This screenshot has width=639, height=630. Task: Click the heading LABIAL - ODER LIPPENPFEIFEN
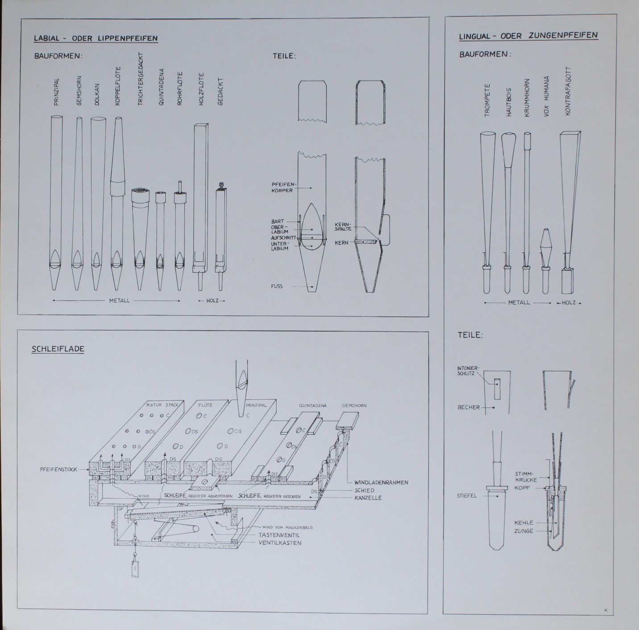[x=95, y=38]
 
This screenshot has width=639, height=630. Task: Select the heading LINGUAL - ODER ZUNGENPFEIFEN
[x=528, y=35]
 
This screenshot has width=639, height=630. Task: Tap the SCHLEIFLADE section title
[x=58, y=349]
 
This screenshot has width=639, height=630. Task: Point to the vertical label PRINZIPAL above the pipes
[x=57, y=93]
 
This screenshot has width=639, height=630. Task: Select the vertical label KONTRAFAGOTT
[x=568, y=92]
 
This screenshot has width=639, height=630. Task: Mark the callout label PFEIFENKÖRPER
[x=282, y=187]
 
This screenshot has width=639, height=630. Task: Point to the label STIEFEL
[x=467, y=495]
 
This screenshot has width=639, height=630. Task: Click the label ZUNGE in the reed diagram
[x=523, y=531]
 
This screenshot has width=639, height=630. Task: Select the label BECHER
[x=469, y=407]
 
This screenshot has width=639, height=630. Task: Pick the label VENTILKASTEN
[x=280, y=543]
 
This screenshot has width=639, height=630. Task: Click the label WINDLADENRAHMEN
[x=381, y=482]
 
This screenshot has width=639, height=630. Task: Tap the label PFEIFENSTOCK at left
[x=58, y=469]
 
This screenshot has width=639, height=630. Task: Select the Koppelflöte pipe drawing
[x=117, y=203]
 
